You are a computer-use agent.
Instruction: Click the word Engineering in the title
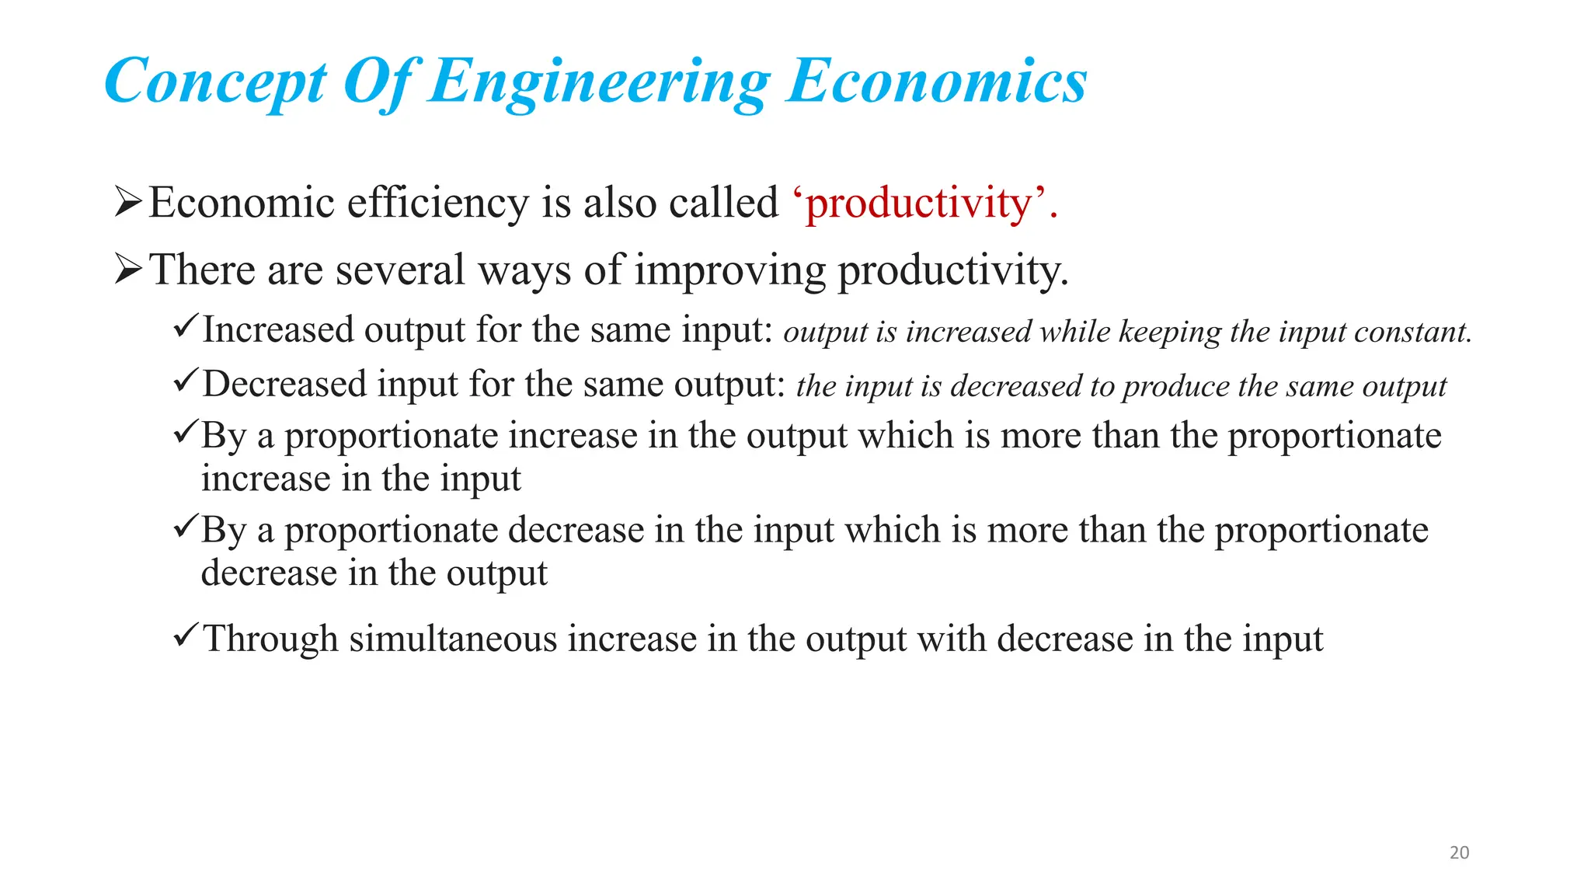click(599, 82)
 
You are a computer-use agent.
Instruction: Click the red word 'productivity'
click(919, 204)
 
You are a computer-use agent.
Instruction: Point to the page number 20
click(1459, 852)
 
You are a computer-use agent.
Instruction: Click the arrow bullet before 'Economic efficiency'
click(128, 202)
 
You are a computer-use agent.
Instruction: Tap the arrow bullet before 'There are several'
click(128, 270)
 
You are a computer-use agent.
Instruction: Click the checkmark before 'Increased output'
click(186, 325)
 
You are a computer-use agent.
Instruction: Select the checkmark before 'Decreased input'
click(186, 380)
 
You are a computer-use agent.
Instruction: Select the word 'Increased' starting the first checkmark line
click(278, 329)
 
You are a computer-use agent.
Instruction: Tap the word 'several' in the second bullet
click(399, 270)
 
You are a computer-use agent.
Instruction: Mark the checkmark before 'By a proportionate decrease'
click(186, 528)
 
